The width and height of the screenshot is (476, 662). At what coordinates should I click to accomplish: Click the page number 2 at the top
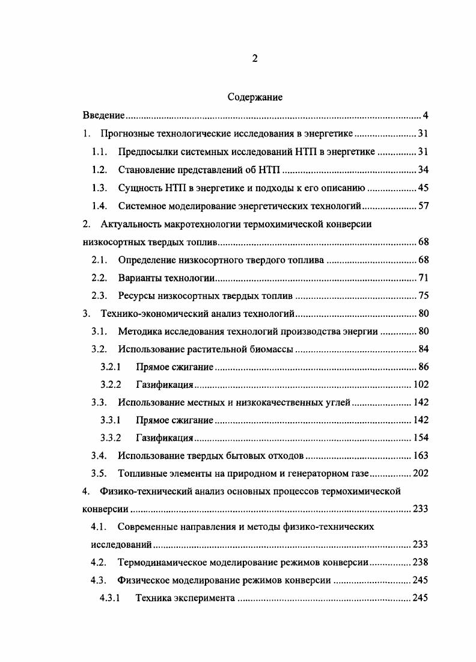(x=255, y=58)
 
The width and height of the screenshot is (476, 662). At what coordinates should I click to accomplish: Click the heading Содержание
(x=255, y=96)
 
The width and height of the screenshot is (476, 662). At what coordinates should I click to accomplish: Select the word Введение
(x=103, y=115)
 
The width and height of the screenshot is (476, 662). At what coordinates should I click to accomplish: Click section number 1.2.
(x=99, y=170)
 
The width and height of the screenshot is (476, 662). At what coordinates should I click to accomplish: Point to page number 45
(x=423, y=188)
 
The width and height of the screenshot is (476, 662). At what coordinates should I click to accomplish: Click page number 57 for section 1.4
(x=423, y=206)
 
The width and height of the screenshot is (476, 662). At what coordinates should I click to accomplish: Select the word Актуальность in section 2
(x=129, y=224)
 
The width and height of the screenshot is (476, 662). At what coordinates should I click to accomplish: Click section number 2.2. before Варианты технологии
(x=99, y=278)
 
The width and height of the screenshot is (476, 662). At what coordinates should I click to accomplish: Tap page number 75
(x=423, y=296)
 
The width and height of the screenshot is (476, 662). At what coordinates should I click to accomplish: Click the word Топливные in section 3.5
(x=142, y=473)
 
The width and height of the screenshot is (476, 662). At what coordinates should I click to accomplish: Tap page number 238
(x=420, y=563)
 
